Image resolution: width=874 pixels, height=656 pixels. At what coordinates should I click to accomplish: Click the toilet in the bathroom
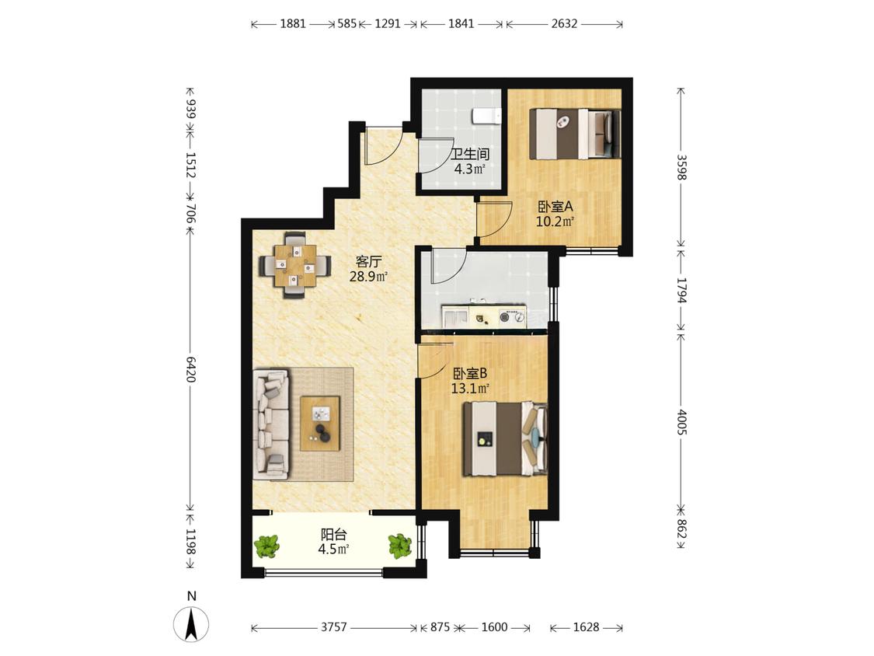tap(486, 116)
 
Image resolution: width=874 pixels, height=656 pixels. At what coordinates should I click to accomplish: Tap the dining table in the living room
tap(293, 265)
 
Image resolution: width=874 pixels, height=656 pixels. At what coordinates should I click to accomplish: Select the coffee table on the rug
tap(320, 423)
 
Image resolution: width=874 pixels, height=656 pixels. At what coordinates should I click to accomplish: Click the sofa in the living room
tap(271, 425)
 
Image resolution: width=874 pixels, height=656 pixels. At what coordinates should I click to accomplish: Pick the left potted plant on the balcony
tap(267, 546)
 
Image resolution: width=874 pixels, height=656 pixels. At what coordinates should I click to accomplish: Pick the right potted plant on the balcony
tap(399, 546)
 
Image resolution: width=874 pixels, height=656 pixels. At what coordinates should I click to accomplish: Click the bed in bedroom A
tap(575, 134)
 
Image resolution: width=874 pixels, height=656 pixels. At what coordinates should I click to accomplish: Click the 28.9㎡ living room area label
tap(368, 276)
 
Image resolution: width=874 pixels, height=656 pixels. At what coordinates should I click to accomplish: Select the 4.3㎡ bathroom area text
tap(469, 169)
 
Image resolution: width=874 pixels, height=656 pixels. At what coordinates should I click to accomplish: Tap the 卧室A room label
tap(555, 207)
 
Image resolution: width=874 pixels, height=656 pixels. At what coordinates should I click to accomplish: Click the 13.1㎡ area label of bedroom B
tap(470, 389)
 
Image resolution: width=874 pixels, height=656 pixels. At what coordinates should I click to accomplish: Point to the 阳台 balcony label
tap(333, 535)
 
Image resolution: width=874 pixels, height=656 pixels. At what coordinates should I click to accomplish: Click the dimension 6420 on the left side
tap(190, 369)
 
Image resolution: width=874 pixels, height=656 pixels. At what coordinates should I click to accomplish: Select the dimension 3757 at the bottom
tap(334, 627)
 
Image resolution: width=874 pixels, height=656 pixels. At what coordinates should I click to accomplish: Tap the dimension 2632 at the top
tap(564, 23)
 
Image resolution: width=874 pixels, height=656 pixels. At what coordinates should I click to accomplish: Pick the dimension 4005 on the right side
tap(681, 422)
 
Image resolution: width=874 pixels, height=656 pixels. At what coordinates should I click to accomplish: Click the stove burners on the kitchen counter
tap(512, 317)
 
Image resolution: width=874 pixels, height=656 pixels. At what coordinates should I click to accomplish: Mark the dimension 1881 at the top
tap(293, 23)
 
